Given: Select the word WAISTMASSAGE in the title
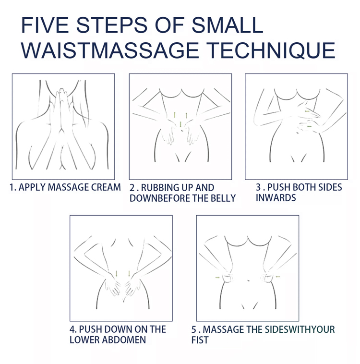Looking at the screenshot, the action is [110, 50].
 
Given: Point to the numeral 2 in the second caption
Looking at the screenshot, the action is [132, 188].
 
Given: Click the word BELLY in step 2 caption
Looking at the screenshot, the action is [223, 198].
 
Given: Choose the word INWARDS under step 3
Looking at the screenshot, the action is [276, 198].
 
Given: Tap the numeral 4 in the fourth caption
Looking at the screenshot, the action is [72, 329].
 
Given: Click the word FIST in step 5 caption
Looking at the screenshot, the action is [200, 340].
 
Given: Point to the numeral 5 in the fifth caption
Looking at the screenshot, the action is [194, 329].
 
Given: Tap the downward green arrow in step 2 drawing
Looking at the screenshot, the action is [180, 124].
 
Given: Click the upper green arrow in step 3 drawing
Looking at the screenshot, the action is [307, 111].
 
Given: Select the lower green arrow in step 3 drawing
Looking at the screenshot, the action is [309, 126].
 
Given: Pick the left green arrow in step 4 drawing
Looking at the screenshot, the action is [117, 273].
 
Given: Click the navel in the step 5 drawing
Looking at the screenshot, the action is [249, 280].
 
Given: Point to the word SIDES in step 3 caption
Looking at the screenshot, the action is [330, 187].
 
